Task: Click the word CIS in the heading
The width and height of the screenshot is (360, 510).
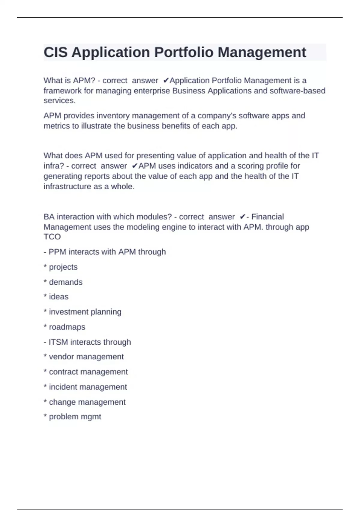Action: tap(55, 52)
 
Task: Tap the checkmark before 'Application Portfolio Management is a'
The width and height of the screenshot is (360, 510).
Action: tap(166, 80)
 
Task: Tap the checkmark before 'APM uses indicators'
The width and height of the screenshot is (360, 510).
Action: tap(135, 166)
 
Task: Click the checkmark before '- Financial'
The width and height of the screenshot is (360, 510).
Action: tap(243, 217)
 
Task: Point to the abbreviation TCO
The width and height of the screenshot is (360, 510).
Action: tap(52, 237)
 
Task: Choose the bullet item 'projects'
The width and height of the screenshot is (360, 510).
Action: tap(63, 267)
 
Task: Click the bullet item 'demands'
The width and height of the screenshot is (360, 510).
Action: tap(65, 282)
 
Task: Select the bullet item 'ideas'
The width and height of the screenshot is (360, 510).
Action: tap(58, 297)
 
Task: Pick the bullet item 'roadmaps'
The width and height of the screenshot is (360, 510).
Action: tap(67, 327)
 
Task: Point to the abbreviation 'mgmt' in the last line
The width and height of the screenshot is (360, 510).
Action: tap(92, 417)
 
